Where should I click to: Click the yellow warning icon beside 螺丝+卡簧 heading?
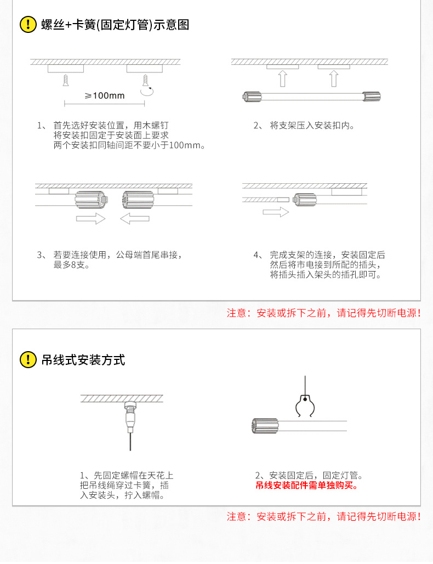pos(28,25)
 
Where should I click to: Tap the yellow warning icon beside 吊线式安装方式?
pos(28,359)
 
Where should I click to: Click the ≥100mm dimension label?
pos(105,95)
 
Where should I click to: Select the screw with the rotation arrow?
pos(146,80)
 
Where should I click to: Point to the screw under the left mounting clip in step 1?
pos(66,80)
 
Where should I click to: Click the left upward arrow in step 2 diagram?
pos(283,78)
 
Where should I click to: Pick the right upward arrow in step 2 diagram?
pos(334,78)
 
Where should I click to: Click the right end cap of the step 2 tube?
pos(371,97)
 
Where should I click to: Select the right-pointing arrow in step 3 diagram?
pos(90,218)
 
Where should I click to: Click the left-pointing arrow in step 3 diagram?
pos(135,218)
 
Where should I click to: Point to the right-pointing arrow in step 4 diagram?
pos(276,212)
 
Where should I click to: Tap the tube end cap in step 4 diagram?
pos(305,199)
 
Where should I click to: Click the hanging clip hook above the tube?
pos(305,406)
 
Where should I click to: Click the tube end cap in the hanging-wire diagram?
pos(265,426)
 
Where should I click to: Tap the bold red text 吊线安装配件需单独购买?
pos(307,486)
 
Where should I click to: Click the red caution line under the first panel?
pos(323,313)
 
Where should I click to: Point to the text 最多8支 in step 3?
pos(71,265)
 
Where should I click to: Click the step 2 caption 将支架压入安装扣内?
pos(312,126)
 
